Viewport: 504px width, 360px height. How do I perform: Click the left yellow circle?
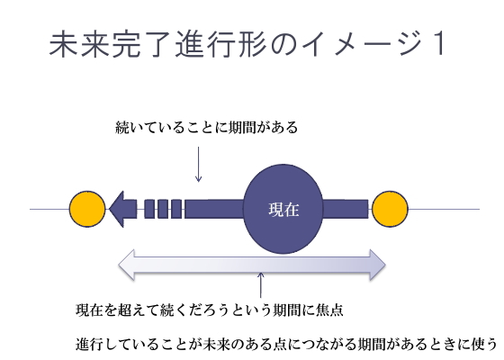pos(87,210)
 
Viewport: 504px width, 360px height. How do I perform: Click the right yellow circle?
pos(390,210)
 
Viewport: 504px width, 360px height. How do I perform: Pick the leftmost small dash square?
pos(149,210)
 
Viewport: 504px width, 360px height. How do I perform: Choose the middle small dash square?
pos(163,210)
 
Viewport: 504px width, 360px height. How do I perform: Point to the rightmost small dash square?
pos(176,210)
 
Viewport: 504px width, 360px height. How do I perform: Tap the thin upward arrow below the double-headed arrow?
pos(260,285)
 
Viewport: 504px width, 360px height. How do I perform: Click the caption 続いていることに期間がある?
pos(206,129)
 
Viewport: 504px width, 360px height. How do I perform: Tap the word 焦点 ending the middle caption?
pos(331,311)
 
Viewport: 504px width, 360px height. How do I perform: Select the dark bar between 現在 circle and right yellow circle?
pos(345,210)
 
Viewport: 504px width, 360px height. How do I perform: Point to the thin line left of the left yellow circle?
pos(49,210)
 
